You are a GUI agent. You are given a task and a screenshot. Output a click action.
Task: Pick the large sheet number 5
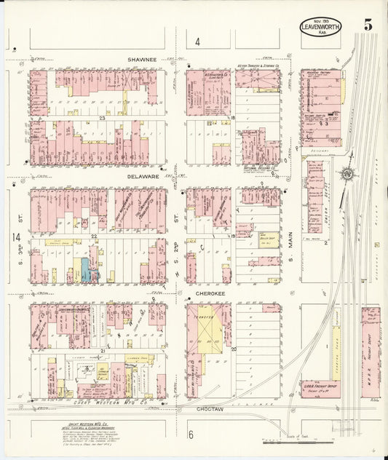click(368, 25)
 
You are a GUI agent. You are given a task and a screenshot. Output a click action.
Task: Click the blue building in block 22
click(86, 270)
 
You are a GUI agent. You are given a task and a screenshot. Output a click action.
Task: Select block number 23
click(103, 117)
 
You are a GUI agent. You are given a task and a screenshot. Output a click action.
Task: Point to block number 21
click(103, 351)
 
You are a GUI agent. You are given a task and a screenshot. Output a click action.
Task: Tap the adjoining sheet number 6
click(191, 435)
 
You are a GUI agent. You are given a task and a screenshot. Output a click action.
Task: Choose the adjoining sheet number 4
click(197, 42)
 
